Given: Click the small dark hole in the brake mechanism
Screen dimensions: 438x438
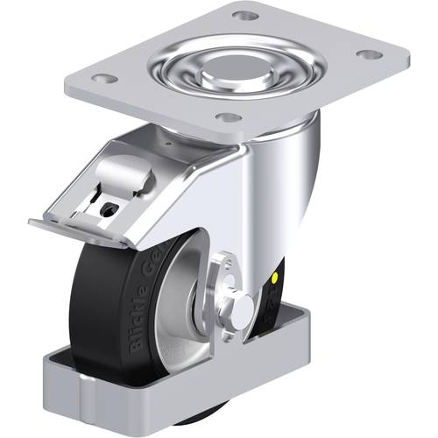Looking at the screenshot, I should tap(107, 210).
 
